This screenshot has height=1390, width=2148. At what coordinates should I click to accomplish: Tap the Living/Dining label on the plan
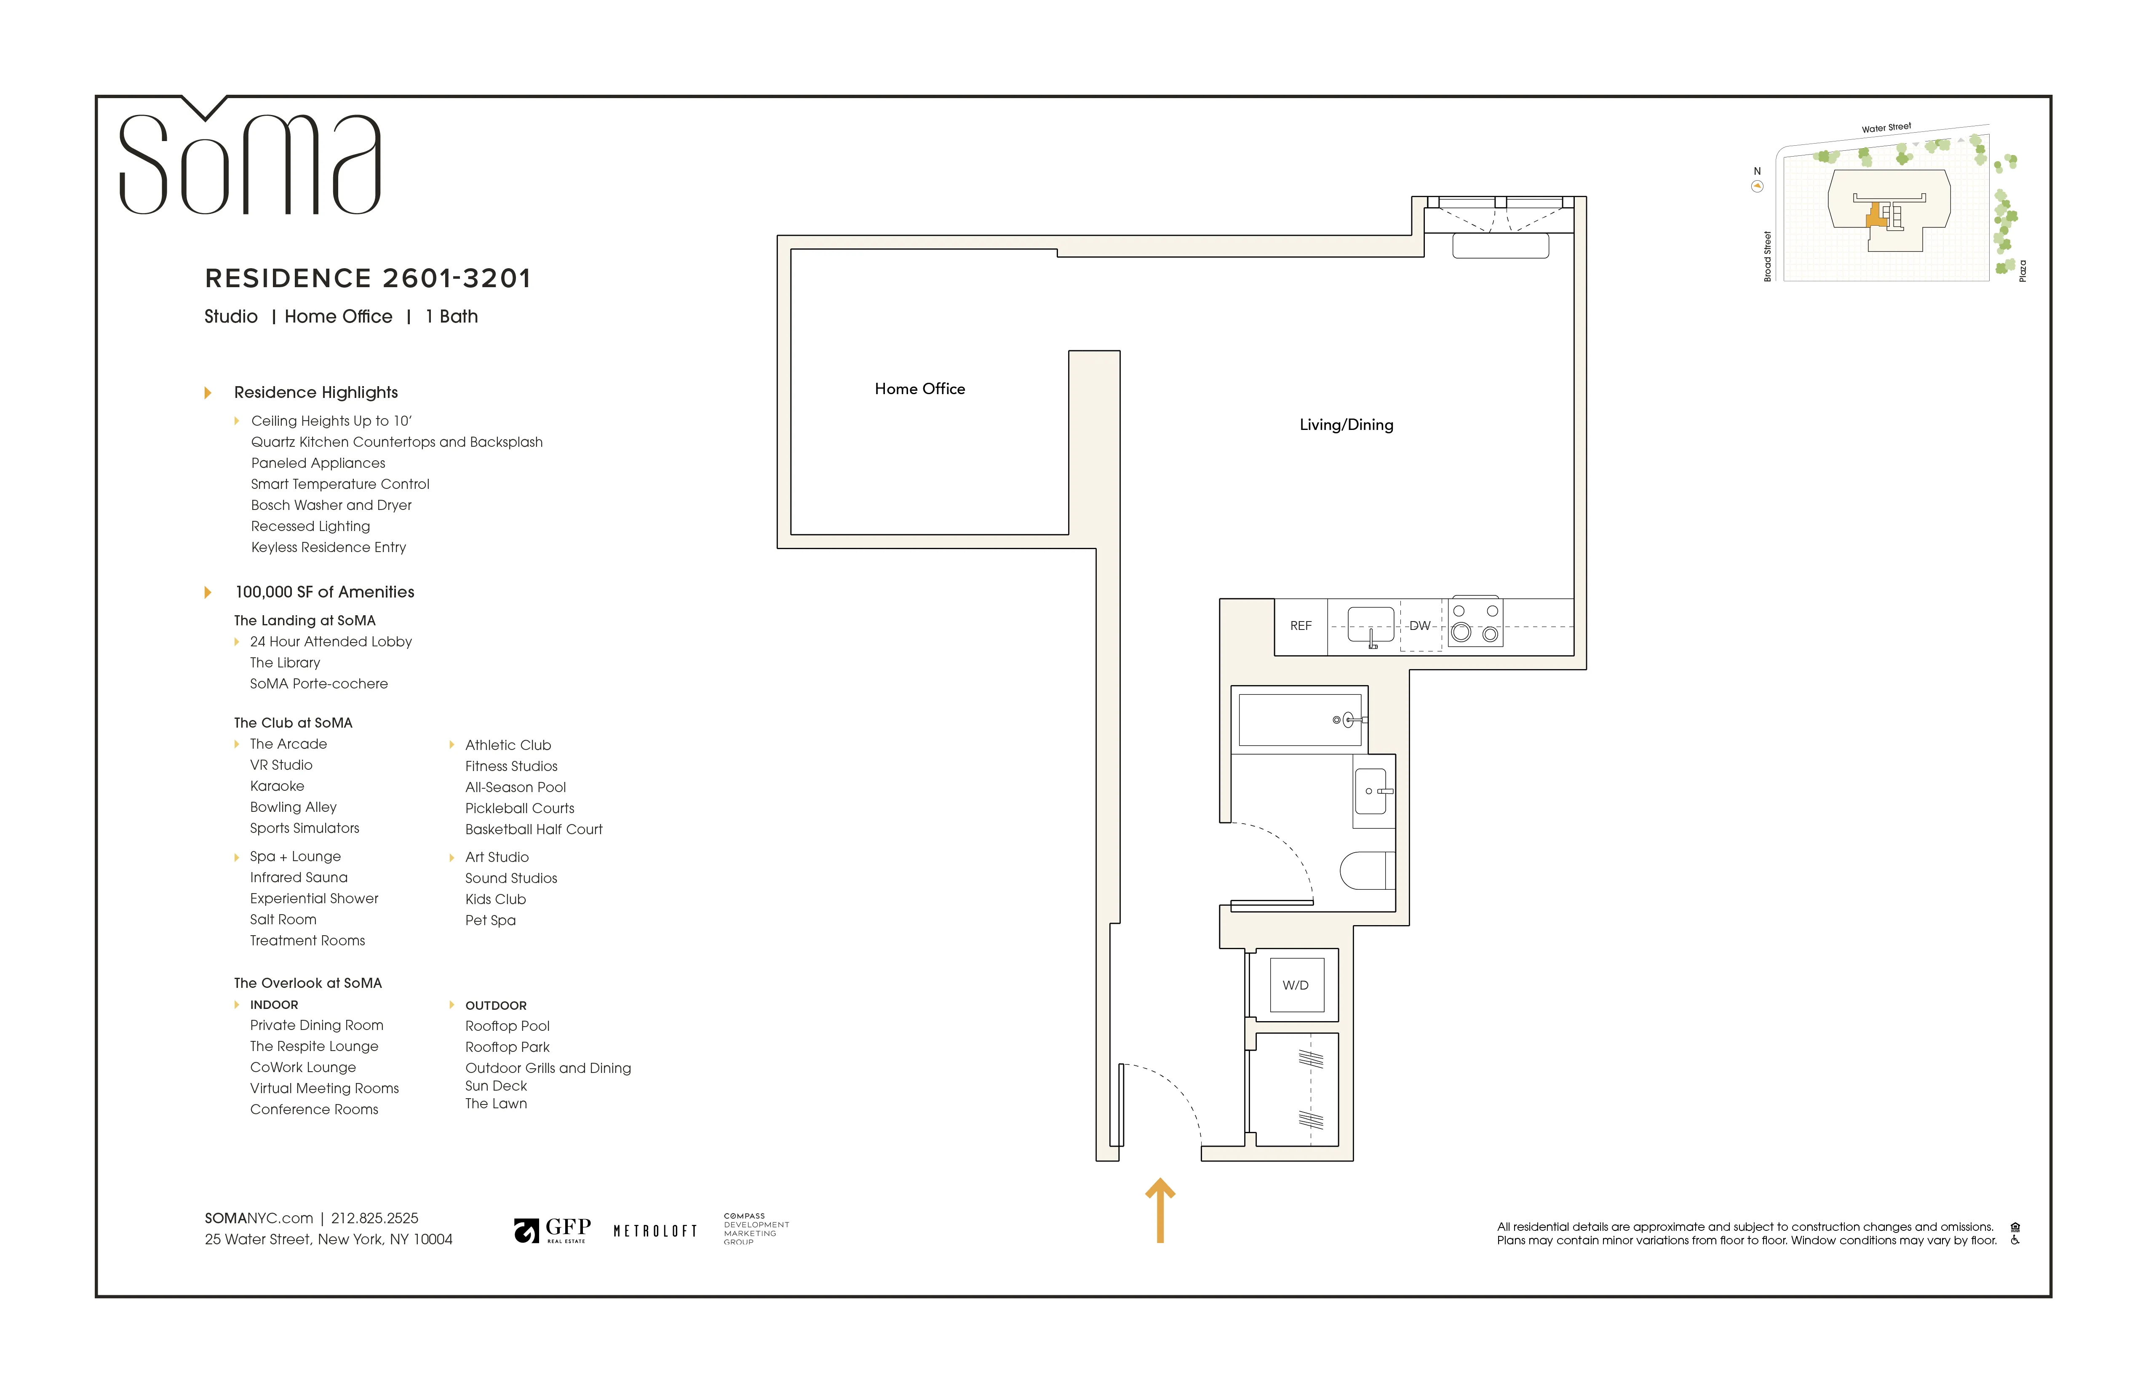pos(1346,425)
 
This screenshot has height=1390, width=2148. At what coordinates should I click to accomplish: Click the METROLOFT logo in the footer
pos(655,1231)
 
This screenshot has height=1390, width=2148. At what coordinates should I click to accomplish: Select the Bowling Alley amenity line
pos(293,807)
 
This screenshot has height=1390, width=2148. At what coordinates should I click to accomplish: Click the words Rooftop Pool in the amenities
pos(507,1026)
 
